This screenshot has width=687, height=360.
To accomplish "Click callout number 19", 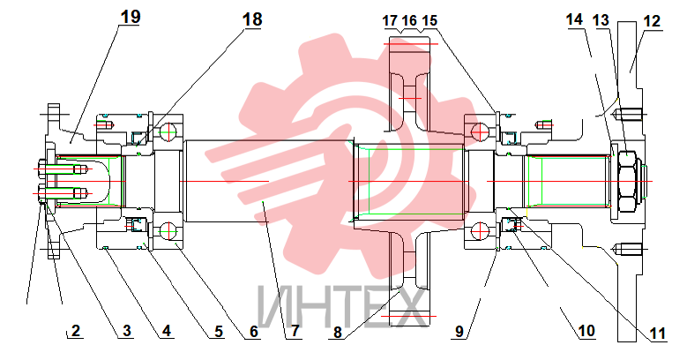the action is [131, 17].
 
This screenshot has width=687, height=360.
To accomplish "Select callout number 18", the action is [252, 19].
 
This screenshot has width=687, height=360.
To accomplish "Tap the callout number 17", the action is [390, 20].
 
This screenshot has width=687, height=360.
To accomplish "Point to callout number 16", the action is [409, 20].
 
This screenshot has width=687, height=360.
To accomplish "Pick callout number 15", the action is [429, 20].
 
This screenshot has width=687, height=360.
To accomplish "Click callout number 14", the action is [574, 19].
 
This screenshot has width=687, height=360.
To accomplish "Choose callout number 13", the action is [601, 20].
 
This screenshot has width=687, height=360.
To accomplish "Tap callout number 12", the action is [652, 21].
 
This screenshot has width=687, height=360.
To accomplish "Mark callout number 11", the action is [657, 334].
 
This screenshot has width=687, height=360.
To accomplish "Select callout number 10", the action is [586, 331].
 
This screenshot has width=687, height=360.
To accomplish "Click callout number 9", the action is [459, 331].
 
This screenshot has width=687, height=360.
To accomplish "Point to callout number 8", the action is [337, 332].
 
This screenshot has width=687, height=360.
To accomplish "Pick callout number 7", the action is [295, 331].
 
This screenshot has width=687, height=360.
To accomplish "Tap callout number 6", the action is [254, 332].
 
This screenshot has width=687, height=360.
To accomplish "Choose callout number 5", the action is [219, 332].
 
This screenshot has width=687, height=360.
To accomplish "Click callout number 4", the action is [166, 331].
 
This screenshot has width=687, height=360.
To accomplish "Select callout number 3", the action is [127, 330].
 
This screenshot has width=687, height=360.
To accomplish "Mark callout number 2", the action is [75, 330].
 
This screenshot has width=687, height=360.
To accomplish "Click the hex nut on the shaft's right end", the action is [626, 182].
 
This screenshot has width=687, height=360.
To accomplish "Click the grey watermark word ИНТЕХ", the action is [342, 306].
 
